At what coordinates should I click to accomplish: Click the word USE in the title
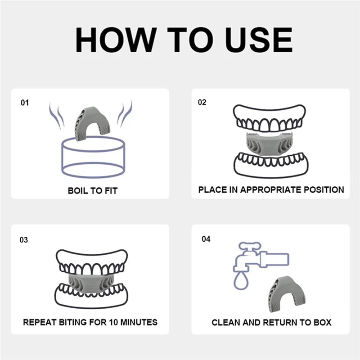(259, 40)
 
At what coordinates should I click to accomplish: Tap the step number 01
(25, 103)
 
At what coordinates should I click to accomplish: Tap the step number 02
(202, 102)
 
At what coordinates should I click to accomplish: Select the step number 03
(24, 240)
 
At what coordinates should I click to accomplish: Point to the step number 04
(206, 239)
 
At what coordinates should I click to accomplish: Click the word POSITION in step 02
(324, 189)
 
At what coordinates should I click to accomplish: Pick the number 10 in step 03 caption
(113, 322)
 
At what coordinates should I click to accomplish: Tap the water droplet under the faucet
(241, 280)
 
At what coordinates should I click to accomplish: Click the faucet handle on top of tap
(250, 246)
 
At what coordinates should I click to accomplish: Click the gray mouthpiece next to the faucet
(287, 294)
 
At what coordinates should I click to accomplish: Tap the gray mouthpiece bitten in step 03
(91, 283)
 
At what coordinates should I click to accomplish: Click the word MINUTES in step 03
(139, 322)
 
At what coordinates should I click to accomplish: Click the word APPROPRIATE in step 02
(271, 189)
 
